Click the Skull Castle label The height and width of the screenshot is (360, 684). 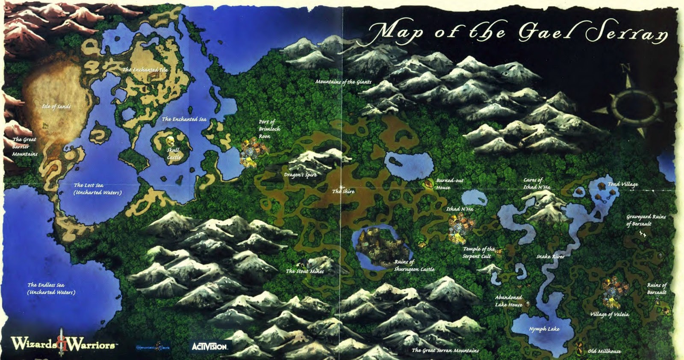[174, 153]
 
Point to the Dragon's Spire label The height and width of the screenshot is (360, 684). [301, 175]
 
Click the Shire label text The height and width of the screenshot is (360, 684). [343, 192]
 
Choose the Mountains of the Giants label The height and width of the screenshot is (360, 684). [343, 82]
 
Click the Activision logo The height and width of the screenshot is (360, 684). [210, 346]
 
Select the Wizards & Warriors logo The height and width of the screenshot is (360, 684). [62, 343]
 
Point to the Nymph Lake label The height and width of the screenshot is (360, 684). [544, 329]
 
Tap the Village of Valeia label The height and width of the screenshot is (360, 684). [609, 314]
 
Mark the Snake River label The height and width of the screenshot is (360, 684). [550, 257]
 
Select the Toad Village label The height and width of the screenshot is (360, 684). [622, 184]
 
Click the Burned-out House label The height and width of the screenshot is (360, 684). [449, 184]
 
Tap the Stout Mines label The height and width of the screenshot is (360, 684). [305, 271]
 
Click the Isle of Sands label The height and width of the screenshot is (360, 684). [56, 106]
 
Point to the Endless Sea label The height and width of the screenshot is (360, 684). [51, 288]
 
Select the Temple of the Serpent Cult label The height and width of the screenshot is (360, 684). [478, 252]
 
